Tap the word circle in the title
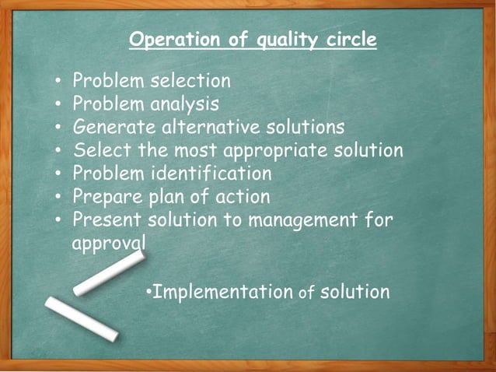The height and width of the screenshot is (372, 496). [347, 40]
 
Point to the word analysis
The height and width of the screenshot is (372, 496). [180, 104]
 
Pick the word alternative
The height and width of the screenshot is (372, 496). [216, 127]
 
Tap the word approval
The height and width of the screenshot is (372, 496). [108, 243]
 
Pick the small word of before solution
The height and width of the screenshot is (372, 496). [306, 293]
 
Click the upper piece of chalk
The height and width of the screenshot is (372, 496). [110, 273]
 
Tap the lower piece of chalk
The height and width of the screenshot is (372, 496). [81, 318]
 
